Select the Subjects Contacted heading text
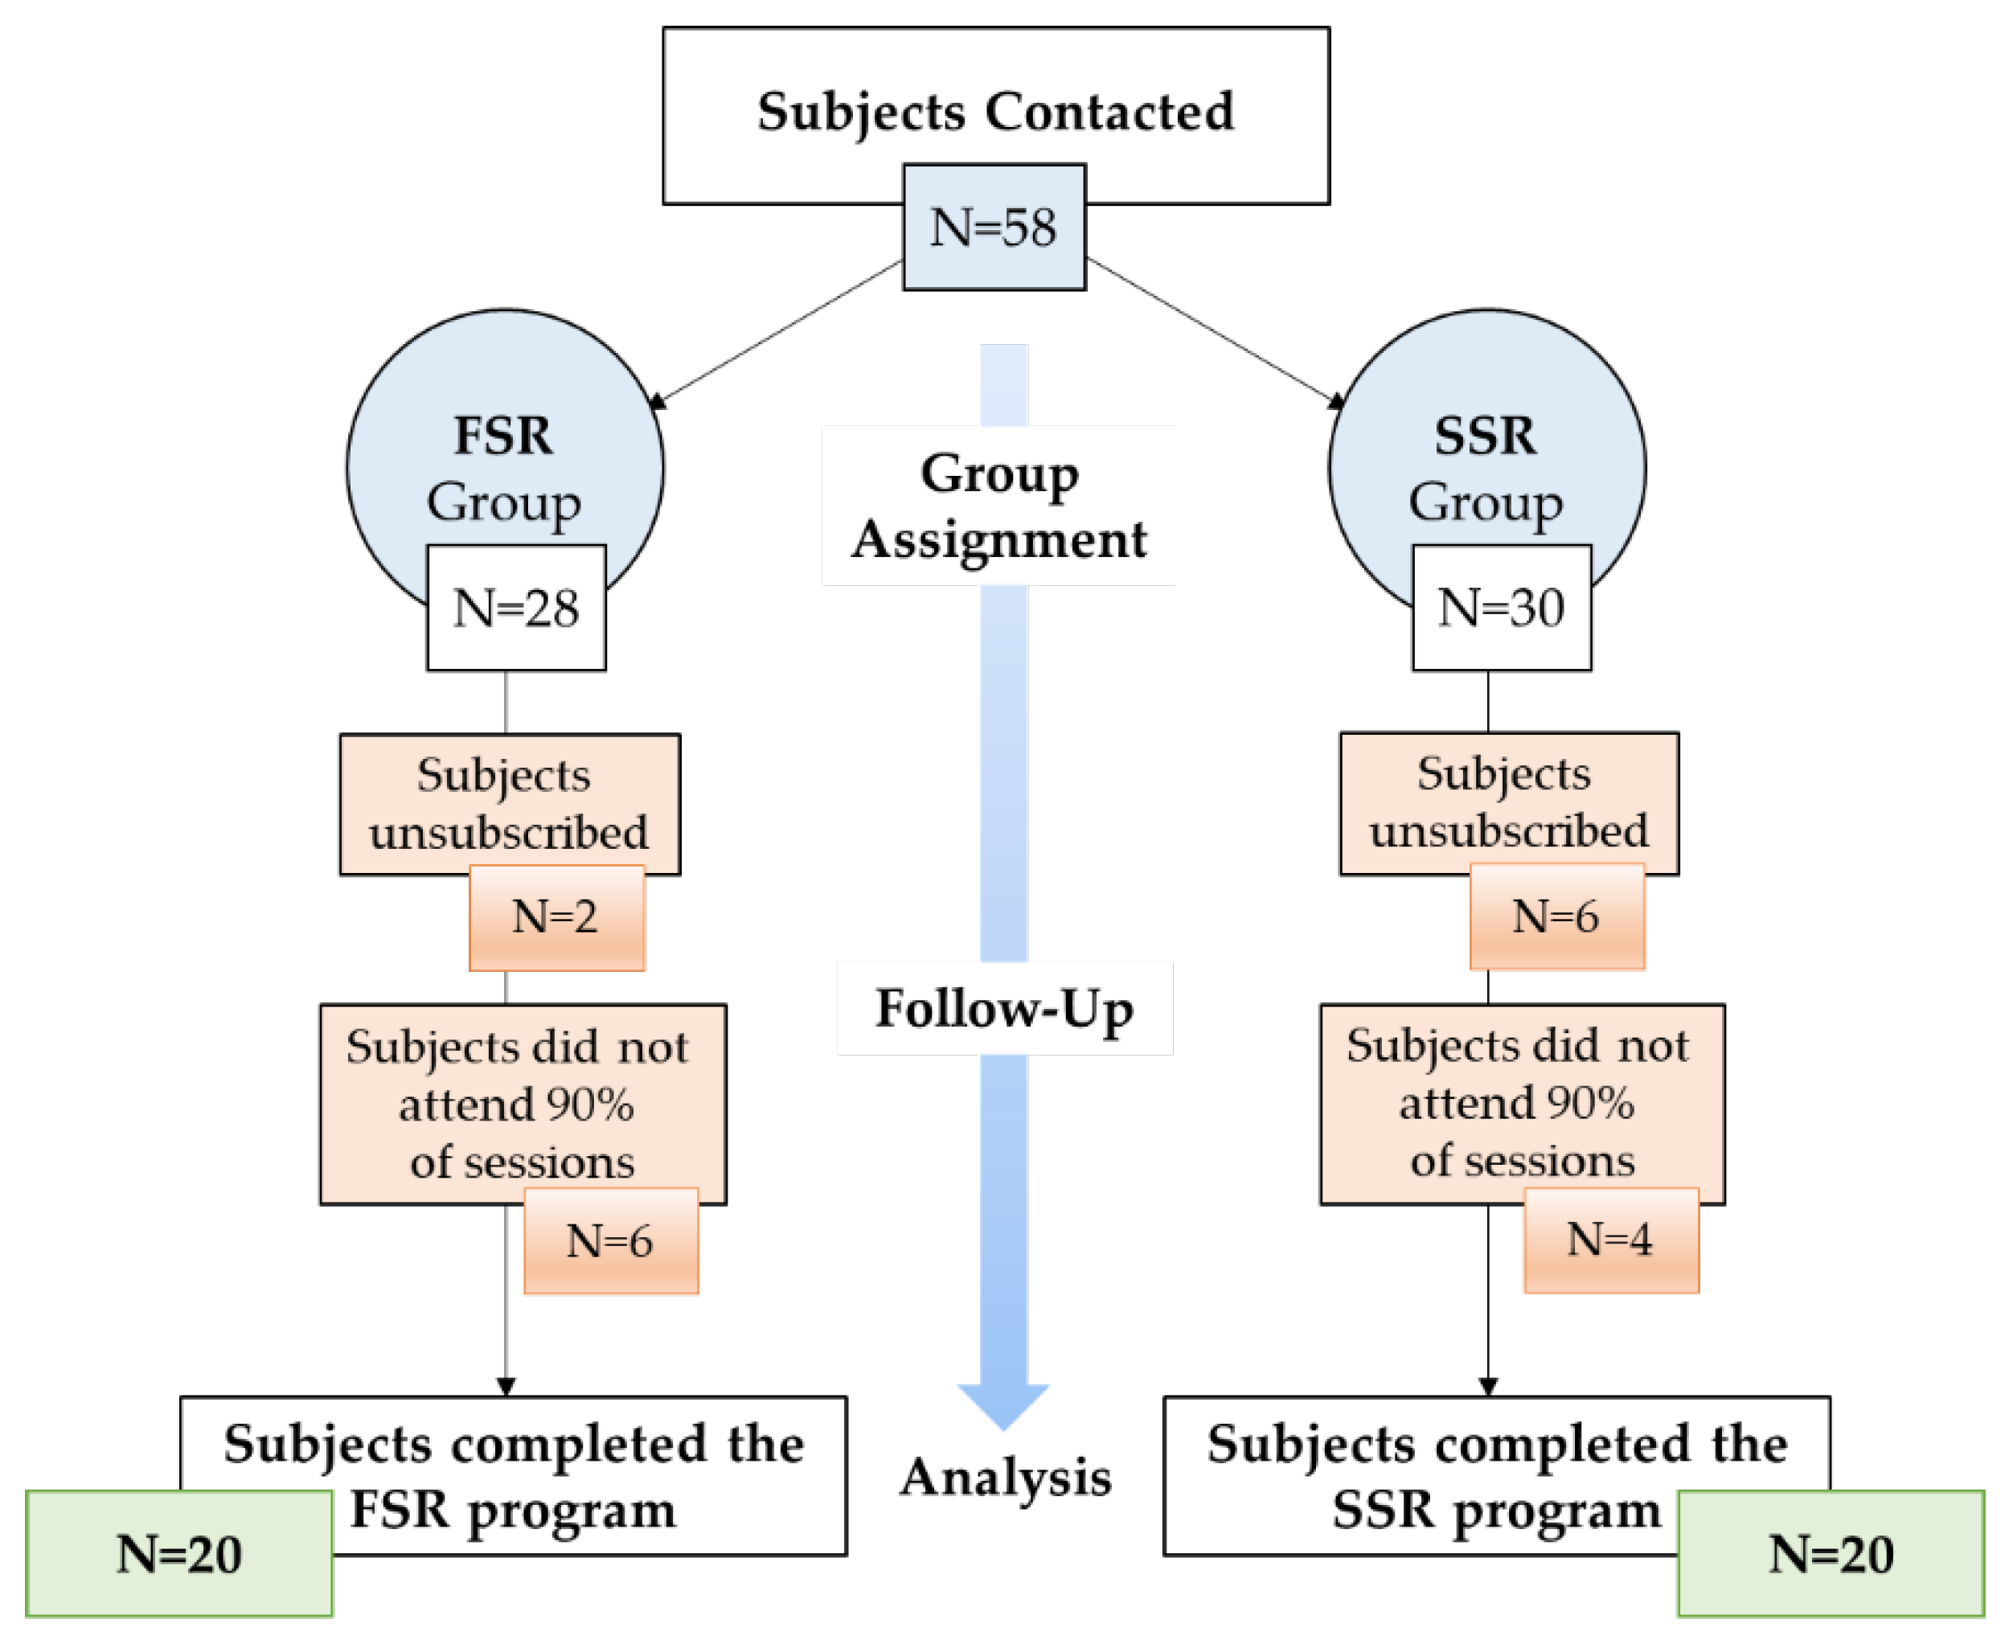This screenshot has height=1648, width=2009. pos(995,112)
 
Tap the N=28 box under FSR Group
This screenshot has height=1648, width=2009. pos(515,608)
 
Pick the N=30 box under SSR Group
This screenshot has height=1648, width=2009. pos(1501,608)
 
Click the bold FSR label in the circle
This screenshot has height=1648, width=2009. pos(503,437)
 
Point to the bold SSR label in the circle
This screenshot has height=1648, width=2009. pos(1485,437)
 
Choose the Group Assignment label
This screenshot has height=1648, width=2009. pos(998,506)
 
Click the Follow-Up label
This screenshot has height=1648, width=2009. pos(1003,1008)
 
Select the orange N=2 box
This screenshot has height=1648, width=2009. pos(556,917)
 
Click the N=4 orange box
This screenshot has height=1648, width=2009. pos(1610,1240)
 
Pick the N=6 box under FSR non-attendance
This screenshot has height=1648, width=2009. pos(610,1240)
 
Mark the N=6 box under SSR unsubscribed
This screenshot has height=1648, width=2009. pos(1556,916)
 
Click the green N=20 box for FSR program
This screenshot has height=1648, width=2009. pos(178,1554)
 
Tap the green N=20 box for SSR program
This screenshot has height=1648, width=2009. pos(1830,1554)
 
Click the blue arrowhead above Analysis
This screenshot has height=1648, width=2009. pos(1003,1404)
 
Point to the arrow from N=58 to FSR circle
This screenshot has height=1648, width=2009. pos(778,332)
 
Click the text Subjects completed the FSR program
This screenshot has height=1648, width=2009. pos(514,1477)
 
